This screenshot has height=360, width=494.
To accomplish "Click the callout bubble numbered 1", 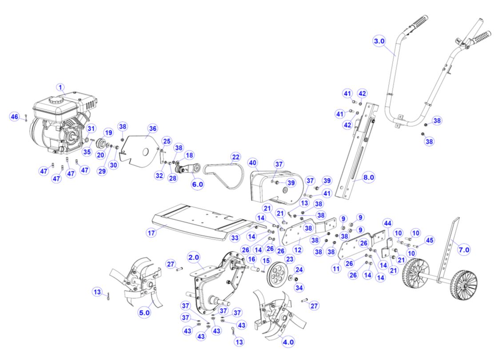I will click(x=61, y=88).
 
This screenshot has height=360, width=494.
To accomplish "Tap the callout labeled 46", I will click(x=15, y=117).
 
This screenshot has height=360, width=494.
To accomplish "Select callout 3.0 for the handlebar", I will click(x=379, y=41).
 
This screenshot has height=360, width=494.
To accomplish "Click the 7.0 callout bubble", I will click(x=463, y=250).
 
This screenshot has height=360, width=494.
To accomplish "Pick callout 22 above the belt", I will click(x=235, y=157).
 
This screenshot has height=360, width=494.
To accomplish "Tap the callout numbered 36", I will click(x=152, y=129).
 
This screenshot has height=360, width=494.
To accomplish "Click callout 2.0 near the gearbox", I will click(x=194, y=257).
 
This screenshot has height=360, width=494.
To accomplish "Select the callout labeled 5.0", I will click(x=145, y=312).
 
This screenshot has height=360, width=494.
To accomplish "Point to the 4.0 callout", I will click(x=288, y=343).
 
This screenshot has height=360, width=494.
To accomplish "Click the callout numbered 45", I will click(x=429, y=240).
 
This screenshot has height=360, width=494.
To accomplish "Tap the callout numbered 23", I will click(x=290, y=259).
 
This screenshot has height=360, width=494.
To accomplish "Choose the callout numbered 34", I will click(x=299, y=287).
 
